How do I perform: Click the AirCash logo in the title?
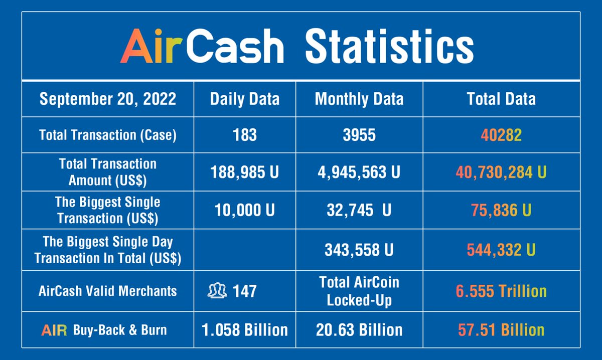pyautogui.click(x=203, y=46)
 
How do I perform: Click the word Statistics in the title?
pyautogui.click(x=389, y=46)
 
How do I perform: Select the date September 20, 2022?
pyautogui.click(x=108, y=99)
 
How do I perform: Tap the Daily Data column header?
pyautogui.click(x=244, y=99)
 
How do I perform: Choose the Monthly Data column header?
pyautogui.click(x=359, y=99)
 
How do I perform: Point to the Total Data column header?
pyautogui.click(x=501, y=99)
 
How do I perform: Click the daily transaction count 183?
pyautogui.click(x=244, y=135)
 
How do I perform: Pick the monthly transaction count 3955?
pyautogui.click(x=359, y=135)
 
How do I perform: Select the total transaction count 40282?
pyautogui.click(x=501, y=135)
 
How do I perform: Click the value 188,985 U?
pyautogui.click(x=244, y=172)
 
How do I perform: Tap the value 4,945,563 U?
pyautogui.click(x=359, y=172)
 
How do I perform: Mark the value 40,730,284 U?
pyautogui.click(x=501, y=172)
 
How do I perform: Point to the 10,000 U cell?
pyautogui.click(x=244, y=210)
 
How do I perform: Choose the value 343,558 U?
pyautogui.click(x=359, y=249)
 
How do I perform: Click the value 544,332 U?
pyautogui.click(x=501, y=249)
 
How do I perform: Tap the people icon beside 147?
pyautogui.click(x=217, y=290)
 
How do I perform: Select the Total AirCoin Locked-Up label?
pyautogui.click(x=359, y=291)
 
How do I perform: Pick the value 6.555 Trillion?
pyautogui.click(x=501, y=291)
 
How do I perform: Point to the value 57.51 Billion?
pyautogui.click(x=501, y=330)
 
